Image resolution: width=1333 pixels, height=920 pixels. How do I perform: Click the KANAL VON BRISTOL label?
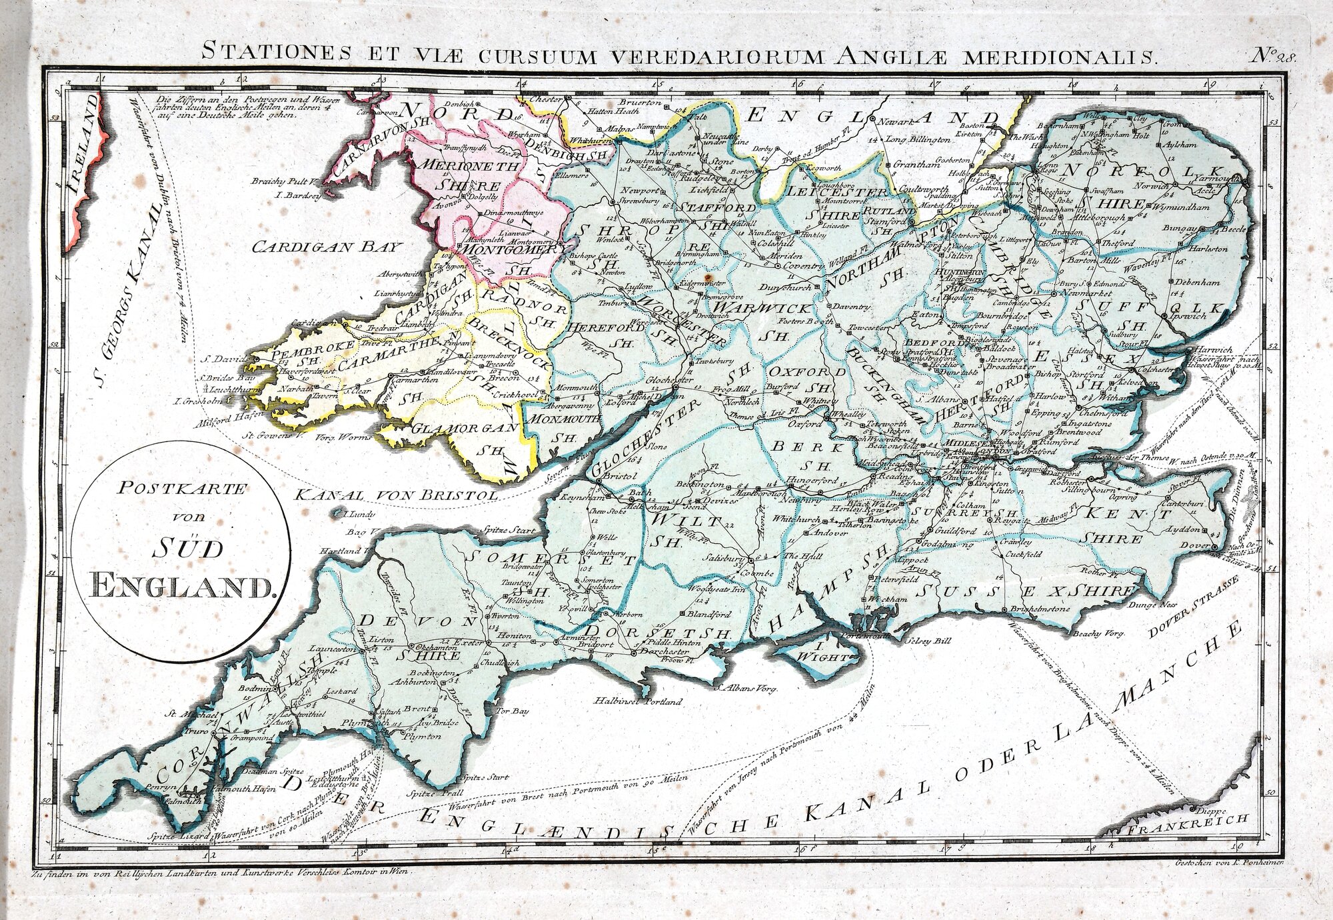(x=396, y=495)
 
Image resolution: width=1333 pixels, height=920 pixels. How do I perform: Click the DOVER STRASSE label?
(x=1193, y=606)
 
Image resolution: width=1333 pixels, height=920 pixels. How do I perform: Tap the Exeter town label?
(x=467, y=643)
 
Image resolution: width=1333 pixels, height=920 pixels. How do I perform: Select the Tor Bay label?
(x=511, y=711)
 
